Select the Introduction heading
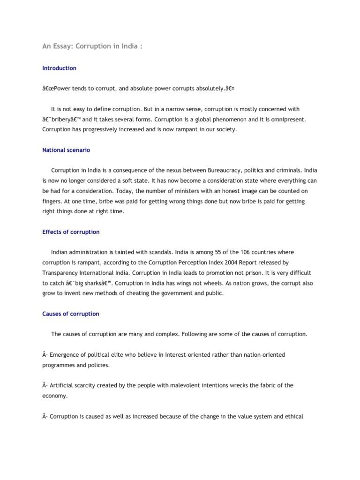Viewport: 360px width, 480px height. (x=59, y=68)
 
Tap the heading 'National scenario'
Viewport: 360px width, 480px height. (x=66, y=150)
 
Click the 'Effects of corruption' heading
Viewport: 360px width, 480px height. (x=71, y=232)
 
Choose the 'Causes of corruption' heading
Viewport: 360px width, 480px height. (x=71, y=314)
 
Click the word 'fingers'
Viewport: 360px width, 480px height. (x=52, y=202)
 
